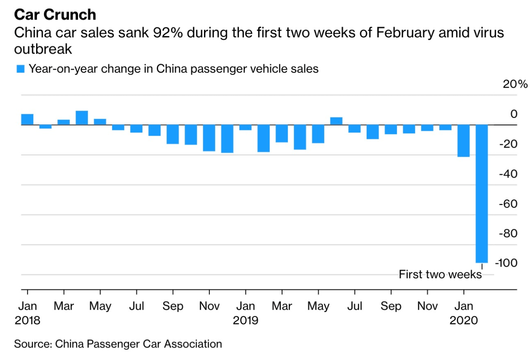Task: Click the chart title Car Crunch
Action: (55, 15)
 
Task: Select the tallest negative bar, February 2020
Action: (482, 194)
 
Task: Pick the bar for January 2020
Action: (463, 141)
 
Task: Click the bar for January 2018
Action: (27, 119)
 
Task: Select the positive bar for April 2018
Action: (82, 118)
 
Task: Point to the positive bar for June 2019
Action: (336, 121)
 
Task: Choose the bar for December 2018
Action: (227, 139)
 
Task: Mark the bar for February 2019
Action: (263, 139)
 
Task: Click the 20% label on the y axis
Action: (515, 85)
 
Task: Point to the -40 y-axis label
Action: (508, 174)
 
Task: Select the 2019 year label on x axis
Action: (245, 321)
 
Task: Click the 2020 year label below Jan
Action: (463, 321)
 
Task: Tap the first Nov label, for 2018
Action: (209, 306)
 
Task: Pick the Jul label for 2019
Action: (354, 306)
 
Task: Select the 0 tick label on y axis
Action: (514, 114)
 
